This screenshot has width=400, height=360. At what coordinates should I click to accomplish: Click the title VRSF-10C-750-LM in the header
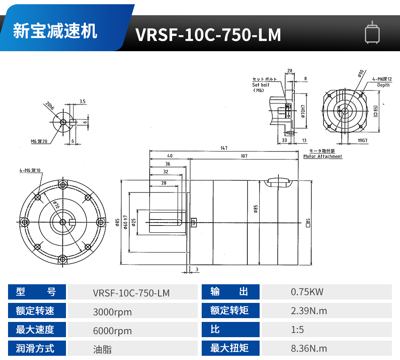pyautogui.click(x=208, y=35)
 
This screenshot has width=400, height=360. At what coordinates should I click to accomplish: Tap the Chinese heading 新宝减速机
pyautogui.click(x=55, y=31)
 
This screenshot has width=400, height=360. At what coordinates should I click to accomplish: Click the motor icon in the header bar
pyautogui.click(x=372, y=33)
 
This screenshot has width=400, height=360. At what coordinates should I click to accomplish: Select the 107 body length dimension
pyautogui.click(x=244, y=156)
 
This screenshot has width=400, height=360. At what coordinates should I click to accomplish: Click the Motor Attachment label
pyautogui.click(x=323, y=157)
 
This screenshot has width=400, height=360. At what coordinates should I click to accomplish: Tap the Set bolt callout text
pyautogui.click(x=261, y=85)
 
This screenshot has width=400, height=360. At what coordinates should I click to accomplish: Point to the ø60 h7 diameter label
pyautogui.click(x=126, y=222)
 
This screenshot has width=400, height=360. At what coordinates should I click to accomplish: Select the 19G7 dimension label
pyautogui.click(x=362, y=140)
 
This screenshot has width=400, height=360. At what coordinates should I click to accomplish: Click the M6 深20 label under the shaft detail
pyautogui.click(x=39, y=141)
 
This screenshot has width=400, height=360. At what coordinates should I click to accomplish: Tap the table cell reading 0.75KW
pyautogui.click(x=307, y=292)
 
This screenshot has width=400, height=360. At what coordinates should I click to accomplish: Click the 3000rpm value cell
pyautogui.click(x=112, y=312)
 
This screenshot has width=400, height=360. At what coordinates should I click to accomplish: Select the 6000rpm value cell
pyautogui.click(x=112, y=331)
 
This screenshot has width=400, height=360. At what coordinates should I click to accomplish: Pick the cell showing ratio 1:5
pyautogui.click(x=298, y=330)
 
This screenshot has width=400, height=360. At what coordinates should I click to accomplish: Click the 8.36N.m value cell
pyautogui.click(x=309, y=349)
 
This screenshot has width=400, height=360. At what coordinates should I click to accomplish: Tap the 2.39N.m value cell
pyautogui.click(x=309, y=311)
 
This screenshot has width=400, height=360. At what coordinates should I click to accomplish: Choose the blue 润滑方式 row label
pyautogui.click(x=35, y=349)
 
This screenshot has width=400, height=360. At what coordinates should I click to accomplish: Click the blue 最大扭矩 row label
pyautogui.click(x=230, y=349)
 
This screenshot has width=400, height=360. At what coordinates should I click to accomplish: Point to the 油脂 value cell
pyautogui.click(x=102, y=349)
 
